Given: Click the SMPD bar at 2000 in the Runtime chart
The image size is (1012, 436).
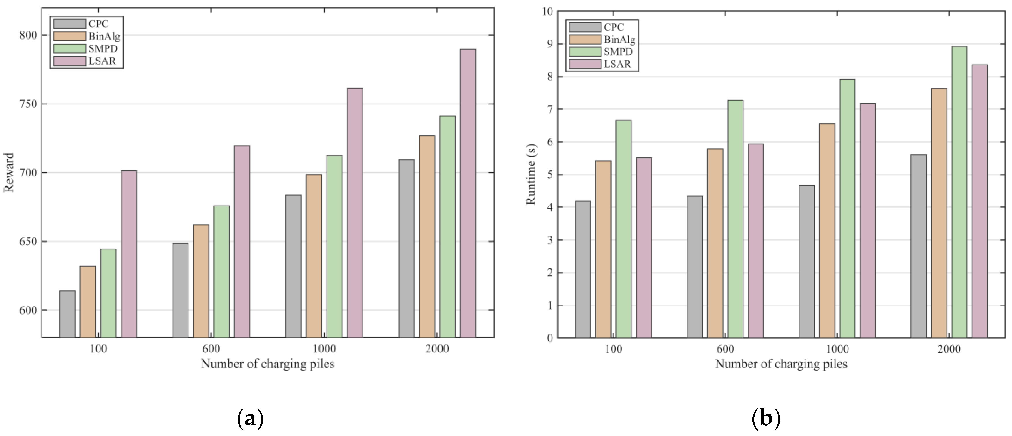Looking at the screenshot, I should (959, 192).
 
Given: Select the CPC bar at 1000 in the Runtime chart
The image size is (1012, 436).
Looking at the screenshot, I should (807, 262).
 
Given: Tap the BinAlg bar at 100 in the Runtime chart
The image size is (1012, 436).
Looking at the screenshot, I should (603, 249).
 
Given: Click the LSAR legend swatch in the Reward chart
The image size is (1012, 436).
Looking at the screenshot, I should (70, 61).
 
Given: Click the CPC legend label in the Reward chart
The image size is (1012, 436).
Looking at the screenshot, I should (98, 24).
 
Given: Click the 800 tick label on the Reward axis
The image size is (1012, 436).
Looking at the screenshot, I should (28, 35).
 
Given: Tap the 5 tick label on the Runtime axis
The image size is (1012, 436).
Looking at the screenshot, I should (550, 174).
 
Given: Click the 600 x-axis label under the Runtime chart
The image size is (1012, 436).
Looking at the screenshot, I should (725, 349).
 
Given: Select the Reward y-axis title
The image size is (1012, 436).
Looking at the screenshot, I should (9, 172).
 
